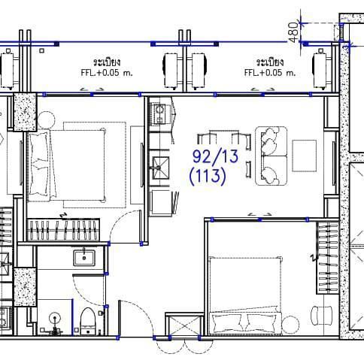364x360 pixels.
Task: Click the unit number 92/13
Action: coord(215,156)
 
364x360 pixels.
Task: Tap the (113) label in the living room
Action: coord(208,176)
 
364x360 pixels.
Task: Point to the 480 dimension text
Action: coord(294,32)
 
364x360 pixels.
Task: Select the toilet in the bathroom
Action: coord(87,322)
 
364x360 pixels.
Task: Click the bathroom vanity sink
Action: coord(84,258)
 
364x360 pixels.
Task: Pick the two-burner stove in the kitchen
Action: coord(159,114)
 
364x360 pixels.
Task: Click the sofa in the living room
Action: coord(271,156)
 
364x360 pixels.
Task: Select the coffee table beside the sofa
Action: coord(304,156)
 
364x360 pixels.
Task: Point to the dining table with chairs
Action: coord(224,153)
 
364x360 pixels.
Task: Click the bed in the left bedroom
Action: coord(67,165)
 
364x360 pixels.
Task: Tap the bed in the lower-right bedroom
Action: coord(245,295)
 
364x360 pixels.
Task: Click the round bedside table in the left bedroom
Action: coord(47,119)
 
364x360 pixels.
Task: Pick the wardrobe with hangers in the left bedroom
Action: coord(63,230)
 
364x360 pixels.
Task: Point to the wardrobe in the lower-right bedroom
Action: coord(327,258)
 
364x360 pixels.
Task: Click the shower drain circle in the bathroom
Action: coord(55,319)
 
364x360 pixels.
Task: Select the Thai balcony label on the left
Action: coord(107,62)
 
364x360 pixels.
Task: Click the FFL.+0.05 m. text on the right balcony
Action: coord(270,73)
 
